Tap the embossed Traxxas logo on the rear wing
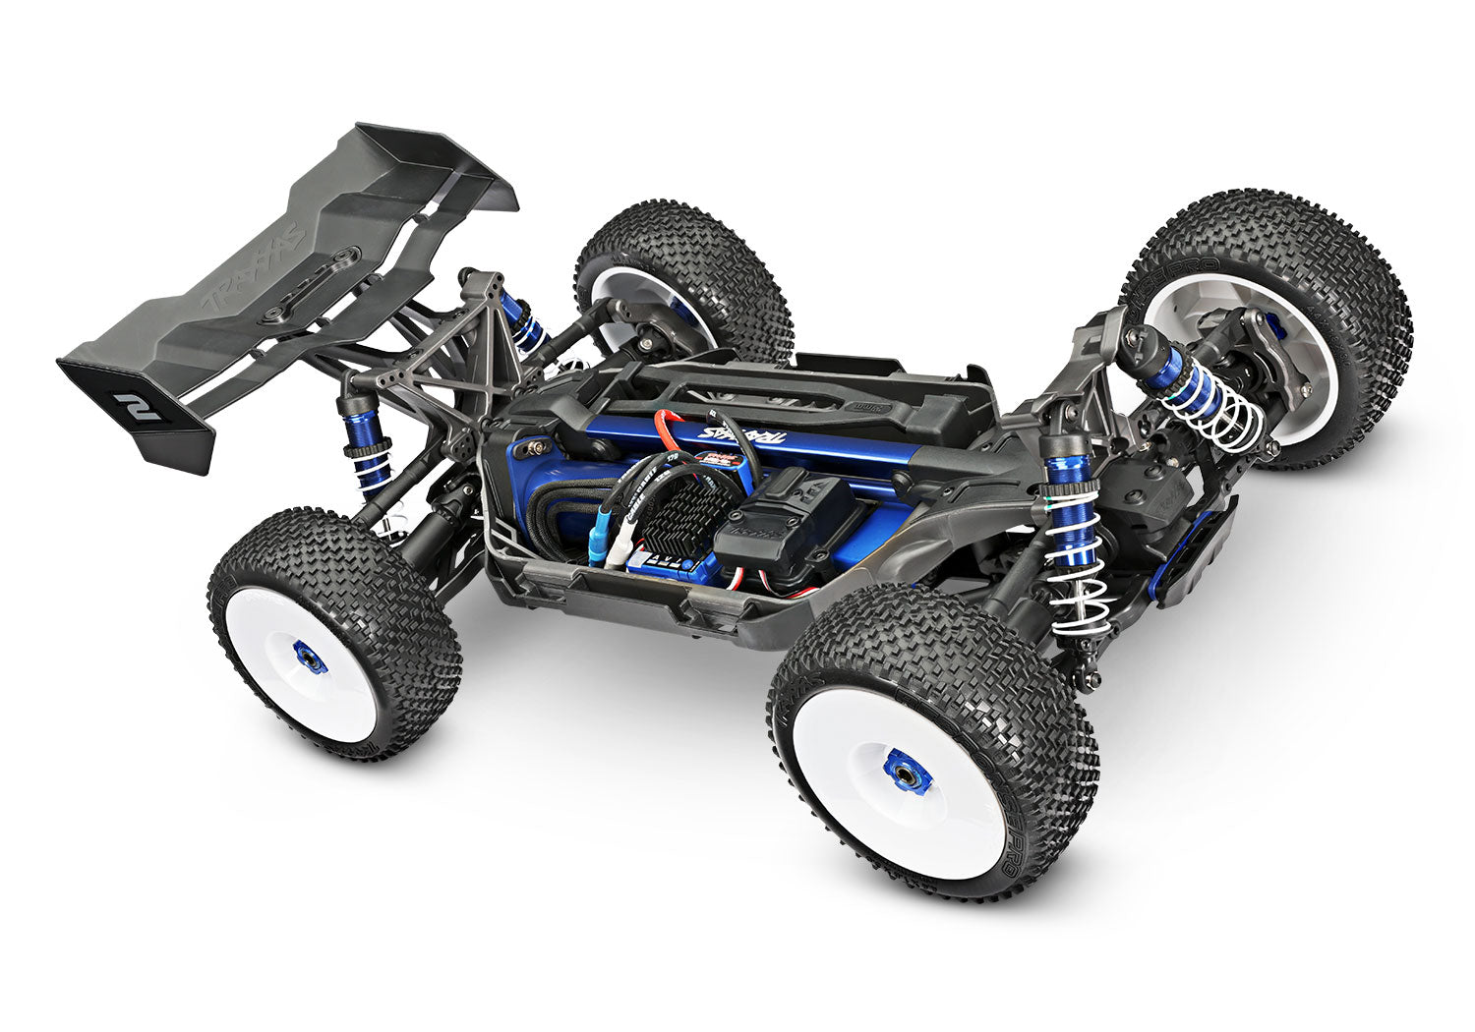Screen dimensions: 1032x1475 254,264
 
